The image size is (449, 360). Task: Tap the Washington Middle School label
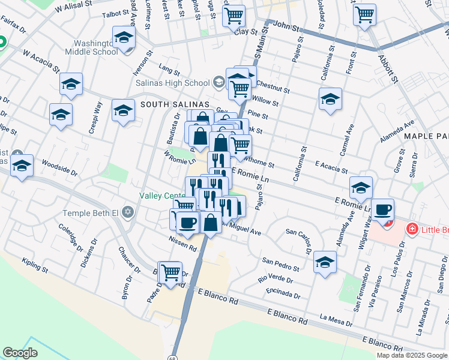point(96,47)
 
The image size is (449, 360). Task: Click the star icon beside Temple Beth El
point(127,212)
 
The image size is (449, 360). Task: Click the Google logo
point(20,353)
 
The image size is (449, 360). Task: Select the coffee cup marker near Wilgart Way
point(382,211)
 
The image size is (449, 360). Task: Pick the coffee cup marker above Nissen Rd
point(188,223)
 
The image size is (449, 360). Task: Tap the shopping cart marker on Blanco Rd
point(171,272)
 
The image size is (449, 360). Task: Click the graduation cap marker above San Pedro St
point(325,262)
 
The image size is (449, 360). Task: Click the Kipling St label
point(34,263)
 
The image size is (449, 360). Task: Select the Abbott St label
point(387,68)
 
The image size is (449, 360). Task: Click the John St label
point(286,25)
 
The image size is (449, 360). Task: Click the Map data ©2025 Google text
point(411,355)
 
